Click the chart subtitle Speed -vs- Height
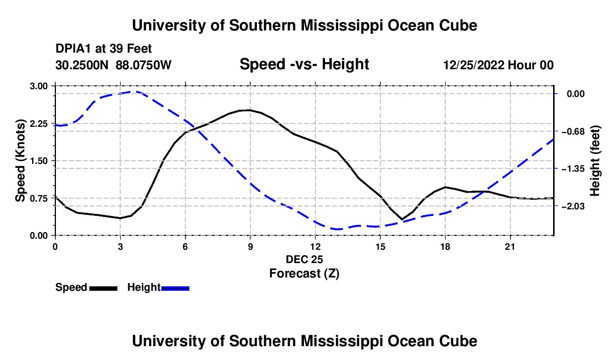(304, 64)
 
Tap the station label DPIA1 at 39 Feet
(104, 49)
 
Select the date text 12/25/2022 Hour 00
(498, 65)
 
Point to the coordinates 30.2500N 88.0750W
(113, 65)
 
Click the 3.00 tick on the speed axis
(38, 86)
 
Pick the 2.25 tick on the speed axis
(38, 124)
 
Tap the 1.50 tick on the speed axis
(38, 161)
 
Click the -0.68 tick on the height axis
(572, 132)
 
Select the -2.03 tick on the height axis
(572, 206)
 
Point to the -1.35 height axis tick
(572, 169)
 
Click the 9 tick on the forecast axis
(250, 246)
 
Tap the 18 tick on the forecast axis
(445, 246)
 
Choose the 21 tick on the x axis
(510, 246)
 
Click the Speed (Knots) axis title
(20, 161)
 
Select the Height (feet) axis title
(595, 161)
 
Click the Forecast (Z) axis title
(304, 274)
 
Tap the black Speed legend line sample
(104, 289)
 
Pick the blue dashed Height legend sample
(175, 289)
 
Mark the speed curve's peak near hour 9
(249, 110)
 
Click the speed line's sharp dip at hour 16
(402, 219)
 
